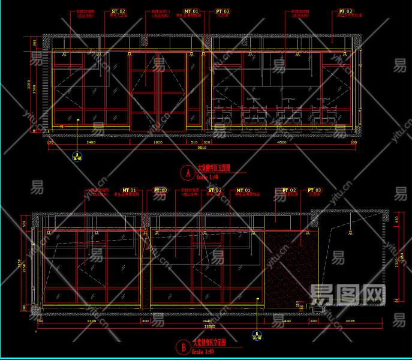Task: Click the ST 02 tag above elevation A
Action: click(119, 11)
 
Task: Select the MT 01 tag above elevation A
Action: click(191, 11)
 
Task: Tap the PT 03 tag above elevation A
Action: click(222, 11)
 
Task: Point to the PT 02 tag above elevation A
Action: click(345, 11)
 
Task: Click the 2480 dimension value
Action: click(91, 143)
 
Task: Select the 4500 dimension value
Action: click(282, 143)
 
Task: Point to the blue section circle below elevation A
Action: click(77, 158)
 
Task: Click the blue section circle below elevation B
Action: click(257, 335)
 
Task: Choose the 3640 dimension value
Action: click(206, 322)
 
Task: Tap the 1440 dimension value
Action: click(287, 322)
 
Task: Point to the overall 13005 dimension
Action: click(210, 326)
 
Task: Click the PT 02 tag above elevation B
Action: click(289, 190)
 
